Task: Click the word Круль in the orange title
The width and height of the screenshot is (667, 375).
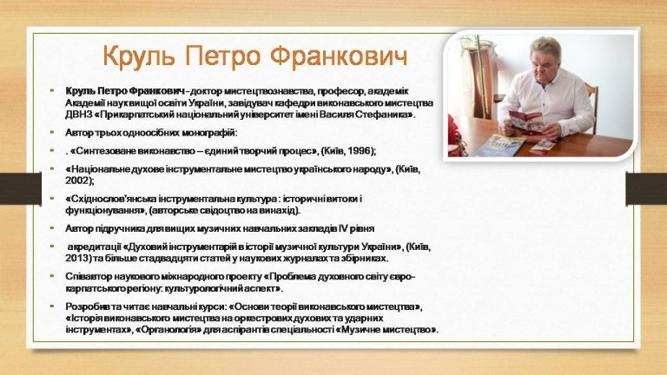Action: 139,56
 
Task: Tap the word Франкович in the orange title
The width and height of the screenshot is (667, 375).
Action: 339,56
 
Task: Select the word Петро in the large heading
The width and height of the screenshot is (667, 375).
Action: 222,56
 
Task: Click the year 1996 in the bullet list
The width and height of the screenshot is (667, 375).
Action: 359,151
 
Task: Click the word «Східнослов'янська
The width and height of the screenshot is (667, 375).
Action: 110,199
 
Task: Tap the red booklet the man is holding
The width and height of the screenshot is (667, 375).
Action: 525,123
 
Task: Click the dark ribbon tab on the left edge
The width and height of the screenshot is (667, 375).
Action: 21,188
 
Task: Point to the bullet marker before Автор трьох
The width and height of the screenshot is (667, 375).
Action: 52,132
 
